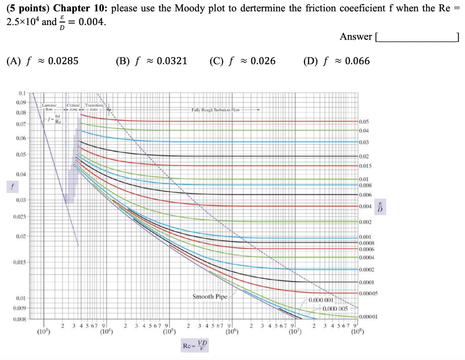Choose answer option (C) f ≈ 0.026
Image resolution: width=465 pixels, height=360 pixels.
(242, 61)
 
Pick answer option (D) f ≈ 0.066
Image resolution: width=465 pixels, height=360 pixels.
(336, 61)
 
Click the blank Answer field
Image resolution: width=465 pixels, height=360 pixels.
(417, 37)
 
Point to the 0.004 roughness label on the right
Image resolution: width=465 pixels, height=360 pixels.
(366, 206)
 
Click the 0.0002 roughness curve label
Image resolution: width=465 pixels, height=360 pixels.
(366, 270)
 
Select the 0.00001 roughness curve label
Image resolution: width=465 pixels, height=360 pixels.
(367, 317)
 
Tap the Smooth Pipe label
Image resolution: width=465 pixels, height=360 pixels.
(210, 297)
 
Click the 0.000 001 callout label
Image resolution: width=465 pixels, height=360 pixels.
(322, 300)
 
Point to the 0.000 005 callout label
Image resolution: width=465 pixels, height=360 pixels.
(335, 309)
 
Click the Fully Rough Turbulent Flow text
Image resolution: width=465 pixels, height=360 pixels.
(215, 110)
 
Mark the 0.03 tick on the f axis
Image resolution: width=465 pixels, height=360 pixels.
(21, 200)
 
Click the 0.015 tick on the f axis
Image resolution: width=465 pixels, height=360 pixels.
(20, 262)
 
